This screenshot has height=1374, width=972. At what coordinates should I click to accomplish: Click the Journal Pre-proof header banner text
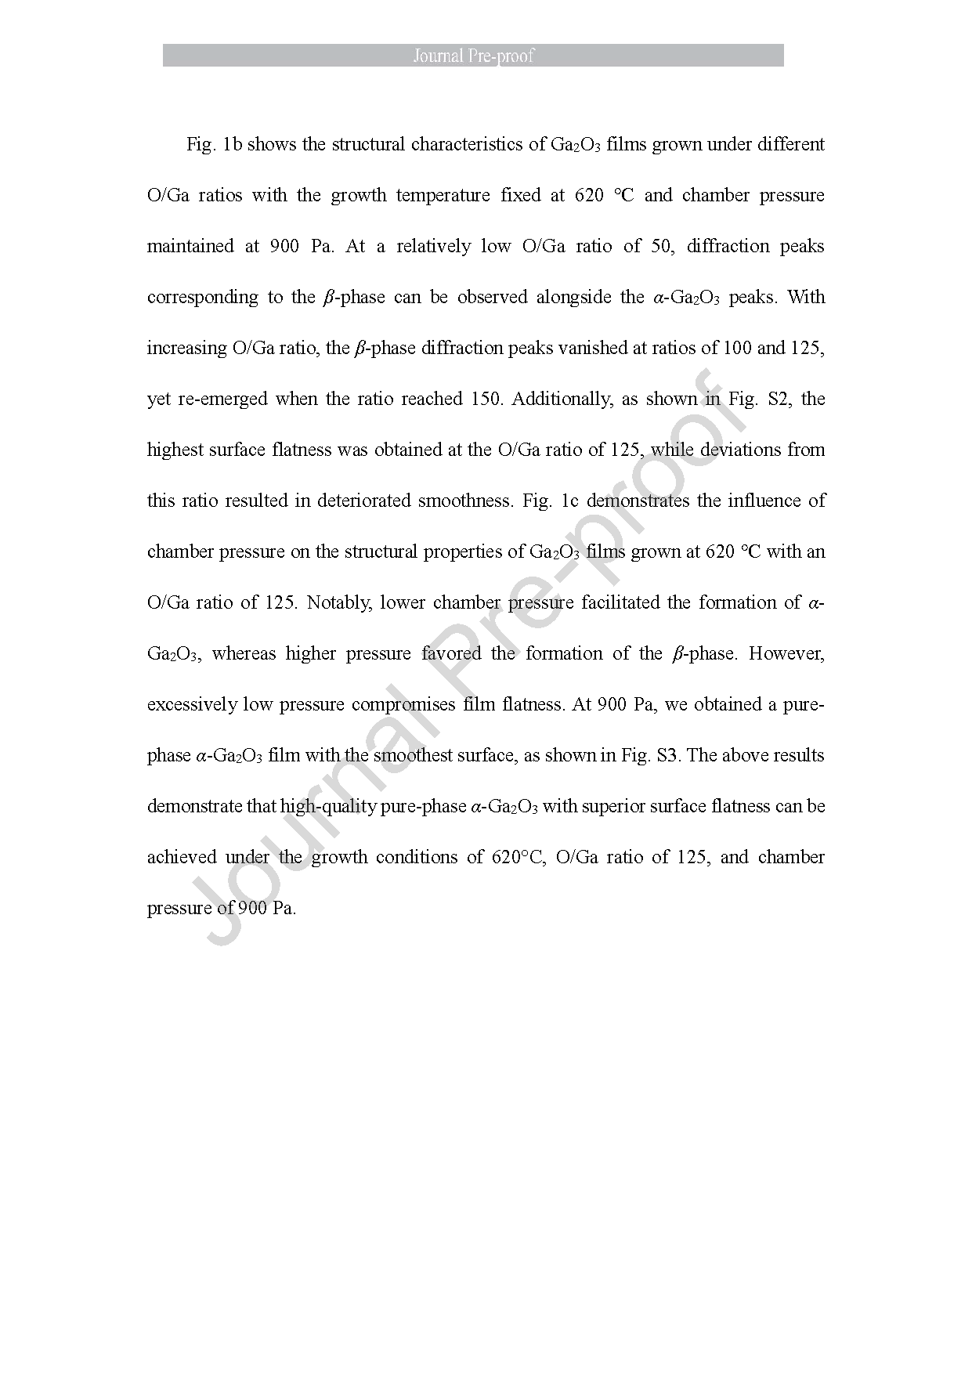[473, 56]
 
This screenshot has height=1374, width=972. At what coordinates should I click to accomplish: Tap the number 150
[485, 400]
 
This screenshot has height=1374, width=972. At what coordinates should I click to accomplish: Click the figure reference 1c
[569, 501]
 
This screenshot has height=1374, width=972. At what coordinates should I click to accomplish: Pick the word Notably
[338, 603]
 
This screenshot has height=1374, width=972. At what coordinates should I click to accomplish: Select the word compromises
[403, 705]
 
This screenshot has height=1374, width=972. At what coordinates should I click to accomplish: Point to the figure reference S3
[666, 756]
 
